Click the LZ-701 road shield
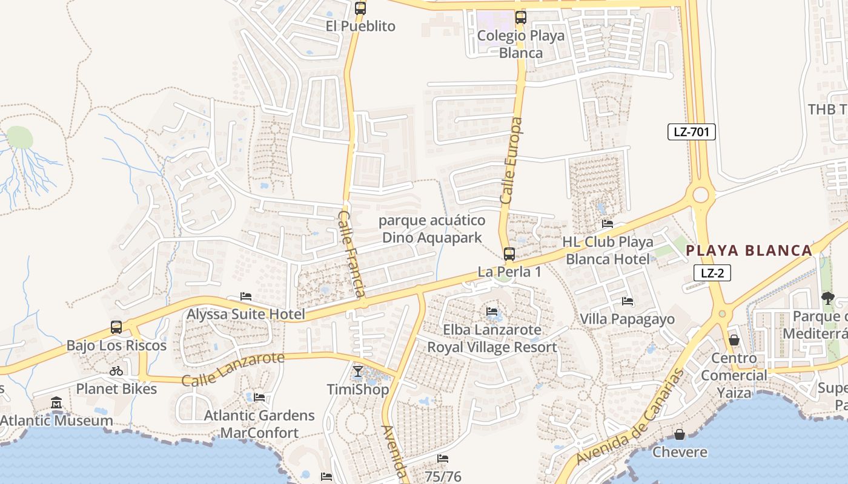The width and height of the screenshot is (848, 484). [x=691, y=132]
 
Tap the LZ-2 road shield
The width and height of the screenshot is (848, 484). [x=712, y=273]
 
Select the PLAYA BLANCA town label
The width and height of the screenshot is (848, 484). [x=749, y=250]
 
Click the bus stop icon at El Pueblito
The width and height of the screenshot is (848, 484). [x=360, y=8]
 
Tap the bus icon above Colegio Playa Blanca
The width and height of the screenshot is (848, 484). [x=520, y=18]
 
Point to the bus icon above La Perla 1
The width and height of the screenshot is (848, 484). [x=509, y=254]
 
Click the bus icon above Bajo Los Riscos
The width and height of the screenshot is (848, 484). [x=116, y=328]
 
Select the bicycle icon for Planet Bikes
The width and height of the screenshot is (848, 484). [x=116, y=371]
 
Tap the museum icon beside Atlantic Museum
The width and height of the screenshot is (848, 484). [x=56, y=402]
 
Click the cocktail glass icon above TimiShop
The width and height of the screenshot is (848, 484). [x=358, y=371]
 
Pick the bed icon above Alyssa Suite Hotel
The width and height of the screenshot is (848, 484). [x=246, y=296]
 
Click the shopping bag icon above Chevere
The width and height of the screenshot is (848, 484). [x=680, y=434]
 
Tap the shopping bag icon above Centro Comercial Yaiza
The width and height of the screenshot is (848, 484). [x=734, y=340]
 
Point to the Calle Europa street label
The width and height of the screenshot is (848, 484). [x=511, y=160]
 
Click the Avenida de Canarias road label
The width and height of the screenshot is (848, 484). [x=630, y=417]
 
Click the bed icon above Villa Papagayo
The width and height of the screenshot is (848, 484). [x=628, y=301]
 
